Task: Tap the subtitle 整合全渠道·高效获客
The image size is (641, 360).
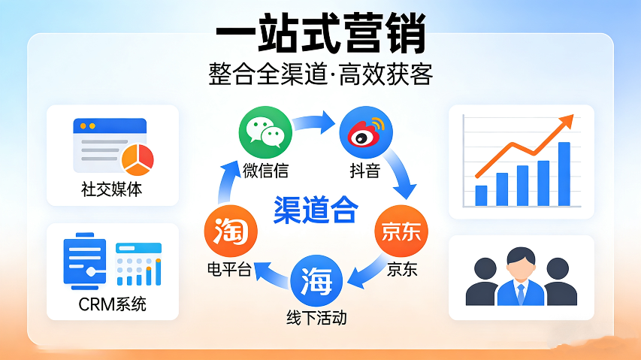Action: click(x=320, y=75)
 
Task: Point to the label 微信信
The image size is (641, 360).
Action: click(x=265, y=169)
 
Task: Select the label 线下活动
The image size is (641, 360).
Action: click(x=316, y=316)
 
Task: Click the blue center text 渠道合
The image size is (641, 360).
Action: click(x=315, y=210)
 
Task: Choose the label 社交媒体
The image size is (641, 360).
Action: click(x=112, y=189)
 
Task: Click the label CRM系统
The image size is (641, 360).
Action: click(x=113, y=304)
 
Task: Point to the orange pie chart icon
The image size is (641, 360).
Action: click(x=137, y=156)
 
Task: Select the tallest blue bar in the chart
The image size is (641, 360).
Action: click(x=564, y=174)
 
